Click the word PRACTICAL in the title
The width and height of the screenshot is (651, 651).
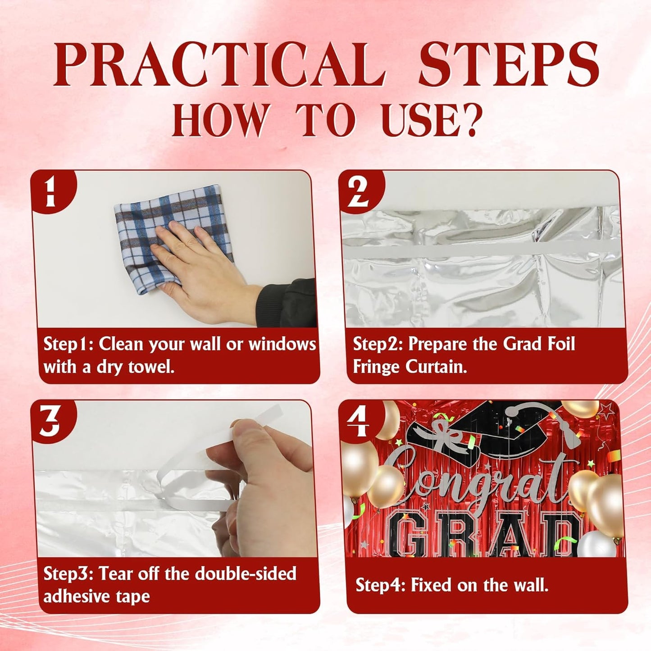(x=219, y=64)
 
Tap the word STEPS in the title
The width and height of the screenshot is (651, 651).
(x=509, y=64)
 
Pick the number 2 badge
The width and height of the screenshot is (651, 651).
(x=359, y=191)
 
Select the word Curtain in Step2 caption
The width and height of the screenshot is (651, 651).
(x=437, y=367)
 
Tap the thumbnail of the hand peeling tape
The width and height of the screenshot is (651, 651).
(x=176, y=479)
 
